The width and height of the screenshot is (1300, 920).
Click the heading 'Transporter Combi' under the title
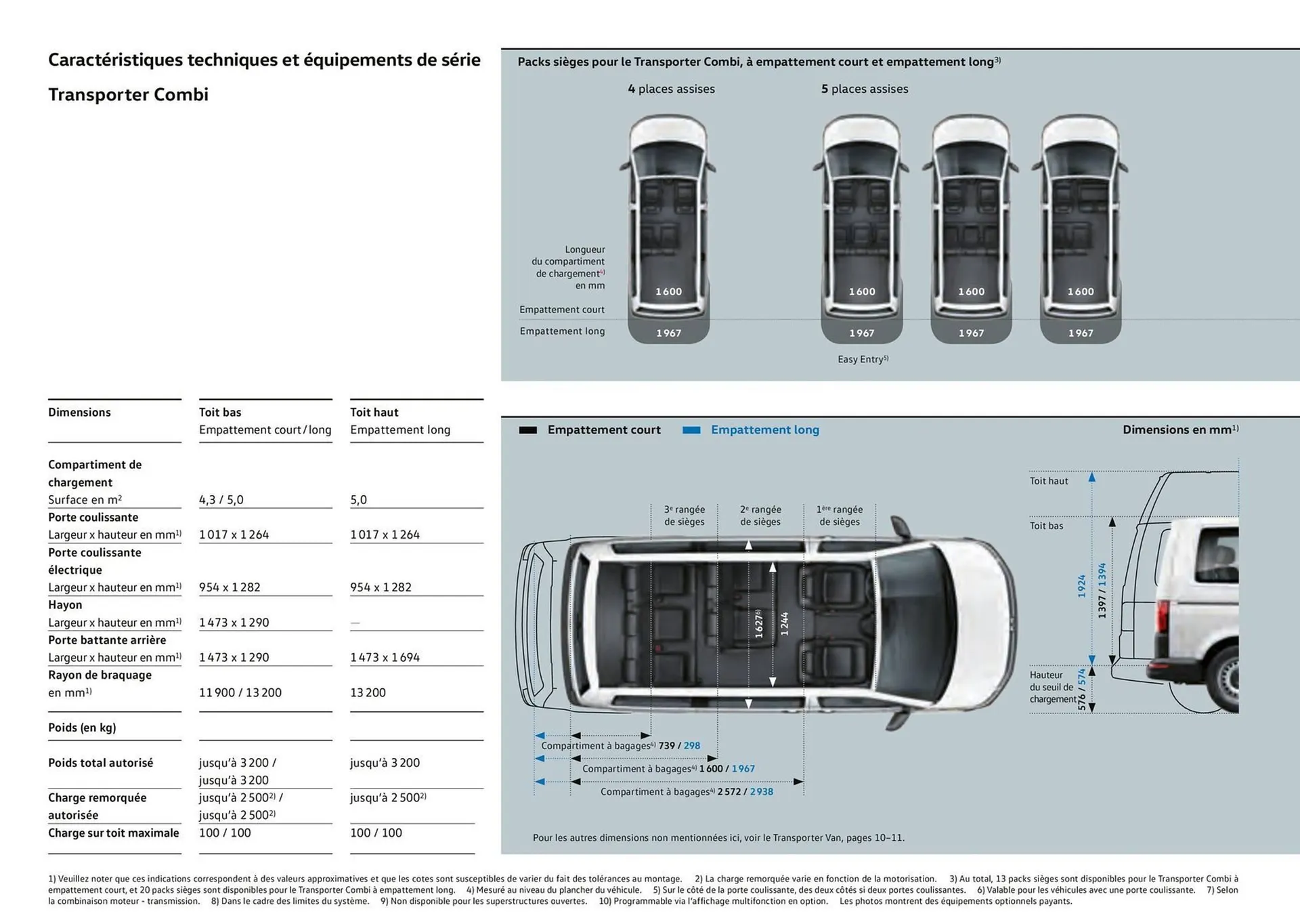click(x=128, y=95)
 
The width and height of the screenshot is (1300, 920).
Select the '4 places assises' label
click(x=671, y=89)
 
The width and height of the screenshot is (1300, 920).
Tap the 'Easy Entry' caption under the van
click(x=862, y=359)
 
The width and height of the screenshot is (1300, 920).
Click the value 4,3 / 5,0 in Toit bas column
click(x=221, y=500)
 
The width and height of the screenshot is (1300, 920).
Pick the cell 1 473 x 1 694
click(x=385, y=657)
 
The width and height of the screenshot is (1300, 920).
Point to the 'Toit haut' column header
click(x=374, y=412)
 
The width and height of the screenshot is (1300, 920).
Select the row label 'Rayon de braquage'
click(x=100, y=675)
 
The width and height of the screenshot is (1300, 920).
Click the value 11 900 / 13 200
click(x=240, y=692)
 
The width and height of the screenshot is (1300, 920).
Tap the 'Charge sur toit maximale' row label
click(x=113, y=833)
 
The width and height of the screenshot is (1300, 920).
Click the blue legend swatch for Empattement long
click(x=691, y=430)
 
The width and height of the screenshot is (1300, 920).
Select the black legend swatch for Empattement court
click(x=527, y=430)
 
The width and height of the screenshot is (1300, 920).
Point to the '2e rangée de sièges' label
click(x=760, y=516)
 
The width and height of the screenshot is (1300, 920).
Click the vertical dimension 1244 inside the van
click(x=784, y=623)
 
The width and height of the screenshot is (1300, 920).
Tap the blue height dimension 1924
click(x=1081, y=586)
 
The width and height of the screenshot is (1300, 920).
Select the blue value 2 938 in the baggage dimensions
click(x=761, y=791)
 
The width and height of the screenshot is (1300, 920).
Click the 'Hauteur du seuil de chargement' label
click(x=1052, y=687)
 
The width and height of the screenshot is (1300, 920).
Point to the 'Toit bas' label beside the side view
click(x=1046, y=526)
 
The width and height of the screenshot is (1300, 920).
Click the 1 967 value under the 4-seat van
click(x=668, y=333)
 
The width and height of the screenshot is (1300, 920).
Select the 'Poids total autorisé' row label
click(x=100, y=763)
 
